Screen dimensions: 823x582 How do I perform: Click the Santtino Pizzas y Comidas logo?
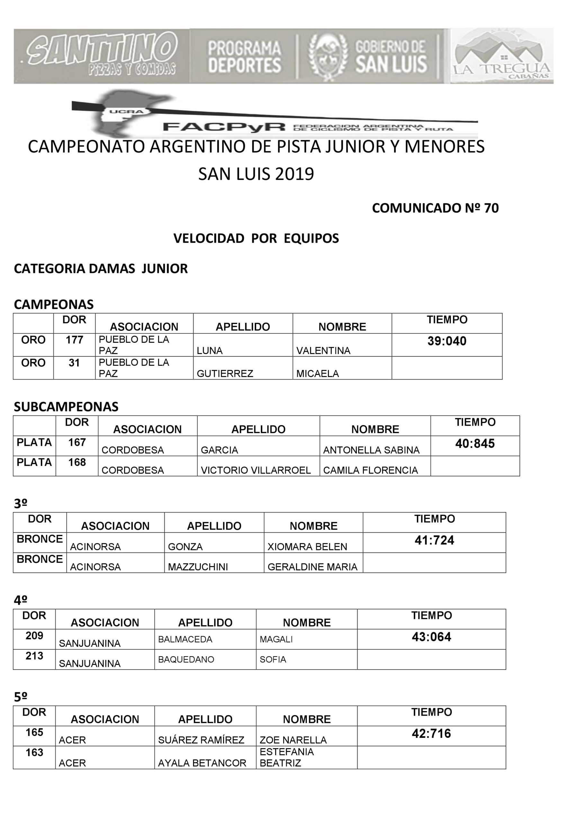click(102, 56)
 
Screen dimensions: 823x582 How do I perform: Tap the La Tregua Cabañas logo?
click(501, 56)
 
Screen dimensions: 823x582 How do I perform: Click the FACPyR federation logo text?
click(224, 127)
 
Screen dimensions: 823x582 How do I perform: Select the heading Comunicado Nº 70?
click(435, 208)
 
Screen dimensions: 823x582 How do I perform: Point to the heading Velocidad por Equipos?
click(256, 238)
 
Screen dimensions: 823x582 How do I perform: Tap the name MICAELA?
click(318, 374)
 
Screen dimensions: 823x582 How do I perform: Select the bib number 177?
click(74, 339)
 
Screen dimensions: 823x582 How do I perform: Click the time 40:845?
click(475, 443)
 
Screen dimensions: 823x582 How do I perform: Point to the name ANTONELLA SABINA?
click(371, 450)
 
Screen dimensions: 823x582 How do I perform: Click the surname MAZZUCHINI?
click(198, 567)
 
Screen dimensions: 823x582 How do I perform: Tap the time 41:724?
click(434, 540)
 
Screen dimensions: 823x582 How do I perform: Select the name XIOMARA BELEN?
click(307, 547)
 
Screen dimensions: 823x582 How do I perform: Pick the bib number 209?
click(34, 636)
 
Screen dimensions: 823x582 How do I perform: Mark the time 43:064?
click(432, 637)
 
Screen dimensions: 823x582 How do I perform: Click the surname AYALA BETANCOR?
click(202, 763)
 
